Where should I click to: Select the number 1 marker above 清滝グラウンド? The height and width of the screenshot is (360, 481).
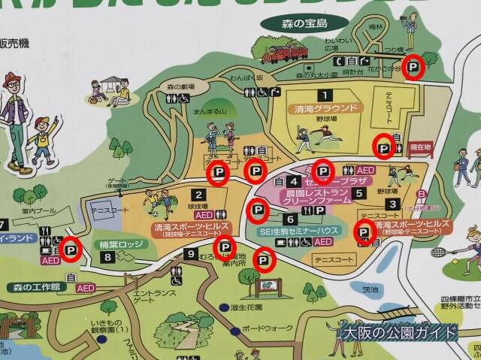click(325, 95)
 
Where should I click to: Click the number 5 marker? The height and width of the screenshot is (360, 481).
click(291, 219)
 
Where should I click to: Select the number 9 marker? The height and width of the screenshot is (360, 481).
click(191, 253)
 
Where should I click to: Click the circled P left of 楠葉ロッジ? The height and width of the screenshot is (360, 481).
click(71, 249)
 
